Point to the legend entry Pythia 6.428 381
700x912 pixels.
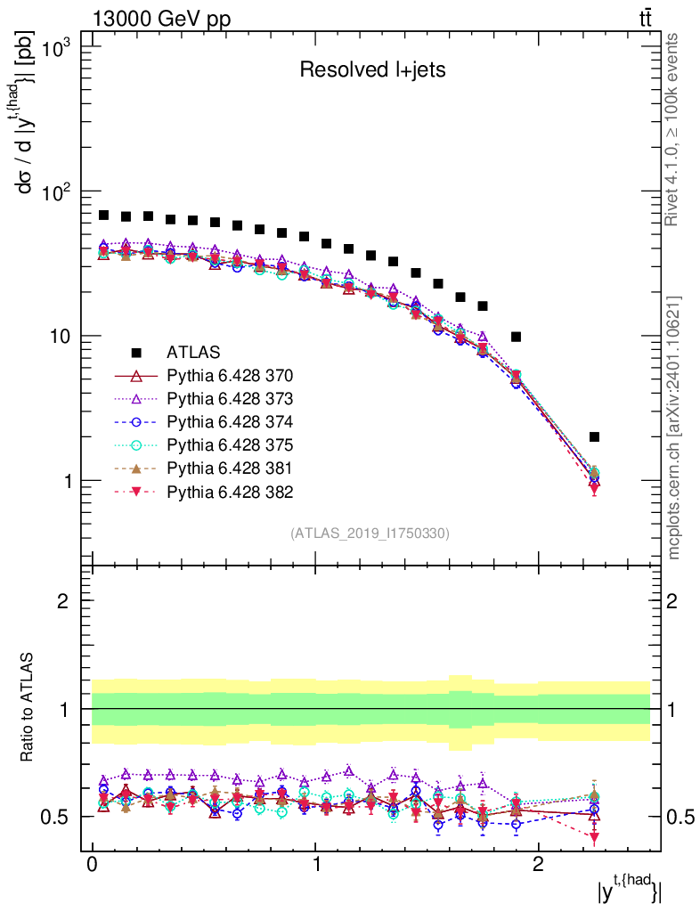click(231, 468)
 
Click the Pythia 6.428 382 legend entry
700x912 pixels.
click(231, 492)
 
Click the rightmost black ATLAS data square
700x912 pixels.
click(594, 436)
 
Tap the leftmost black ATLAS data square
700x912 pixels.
click(104, 216)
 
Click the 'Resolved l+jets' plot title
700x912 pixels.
click(372, 70)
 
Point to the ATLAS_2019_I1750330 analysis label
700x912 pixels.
click(370, 533)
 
